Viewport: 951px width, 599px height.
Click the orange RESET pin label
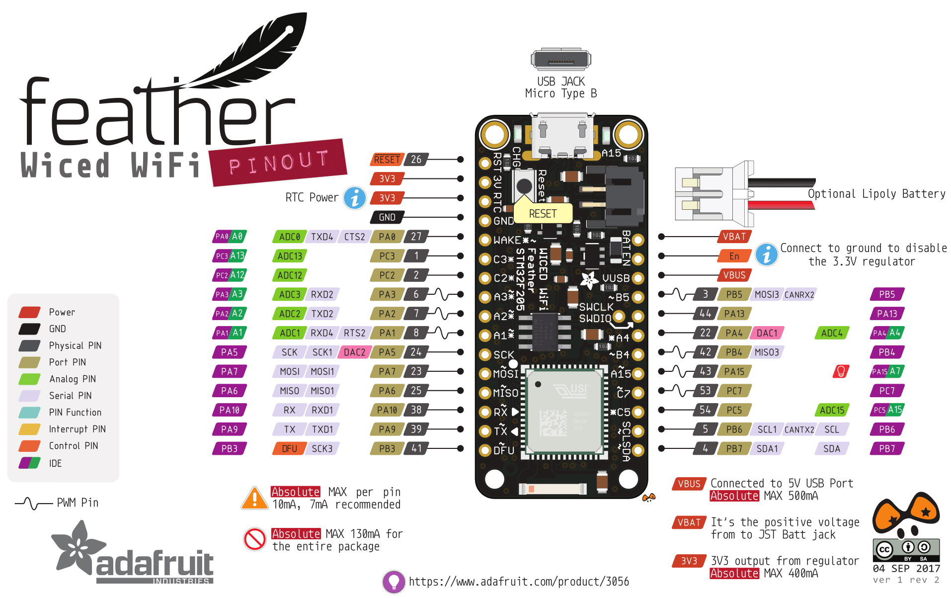(387, 160)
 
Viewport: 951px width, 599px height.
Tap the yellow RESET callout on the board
(543, 214)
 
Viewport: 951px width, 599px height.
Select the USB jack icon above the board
(561, 60)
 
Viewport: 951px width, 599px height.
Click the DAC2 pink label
(354, 352)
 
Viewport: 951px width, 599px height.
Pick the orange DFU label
(289, 449)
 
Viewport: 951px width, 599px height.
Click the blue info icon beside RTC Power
(355, 198)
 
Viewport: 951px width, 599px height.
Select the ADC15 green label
(832, 410)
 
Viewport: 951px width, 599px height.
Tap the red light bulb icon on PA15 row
(841, 371)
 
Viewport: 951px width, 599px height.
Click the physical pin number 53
(705, 391)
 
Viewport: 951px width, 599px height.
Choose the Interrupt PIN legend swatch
(29, 429)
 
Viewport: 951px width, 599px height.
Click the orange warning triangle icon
(255, 498)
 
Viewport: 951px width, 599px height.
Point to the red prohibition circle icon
(255, 539)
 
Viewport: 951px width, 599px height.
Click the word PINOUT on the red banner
(278, 163)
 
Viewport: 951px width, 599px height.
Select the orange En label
(734, 256)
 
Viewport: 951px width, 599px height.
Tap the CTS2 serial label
(354, 237)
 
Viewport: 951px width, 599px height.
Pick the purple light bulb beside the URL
(394, 582)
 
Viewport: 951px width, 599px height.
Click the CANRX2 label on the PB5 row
(799, 295)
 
